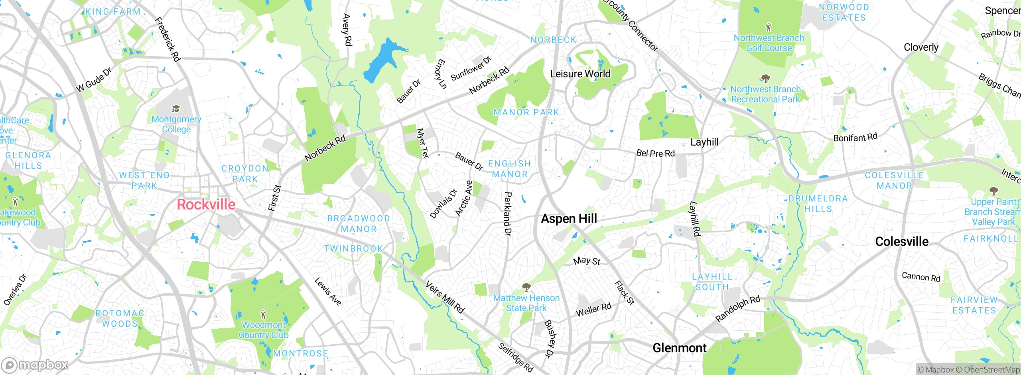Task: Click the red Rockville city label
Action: coord(206,205)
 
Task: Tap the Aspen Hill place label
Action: coord(569,219)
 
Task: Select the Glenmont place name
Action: coord(679,348)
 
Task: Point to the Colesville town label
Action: coord(901,241)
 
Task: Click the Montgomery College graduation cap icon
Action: coord(176,109)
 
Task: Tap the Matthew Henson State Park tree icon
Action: coord(526,287)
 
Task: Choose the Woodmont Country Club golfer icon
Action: coord(263,314)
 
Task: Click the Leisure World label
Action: coord(580,74)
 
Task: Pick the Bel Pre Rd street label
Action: coord(655,153)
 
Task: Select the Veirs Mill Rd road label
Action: coord(445,297)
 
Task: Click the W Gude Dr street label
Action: coord(94,80)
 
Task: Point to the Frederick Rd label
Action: coord(168,39)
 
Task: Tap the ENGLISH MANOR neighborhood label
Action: coord(509,169)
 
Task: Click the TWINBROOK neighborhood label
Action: coord(353,249)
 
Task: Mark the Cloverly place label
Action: coord(921,47)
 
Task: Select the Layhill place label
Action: coord(704,142)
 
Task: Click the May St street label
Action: coord(586,261)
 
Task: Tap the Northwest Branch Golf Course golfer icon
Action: coord(769,28)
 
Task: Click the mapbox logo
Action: coord(35,365)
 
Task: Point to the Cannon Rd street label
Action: coord(921,276)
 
